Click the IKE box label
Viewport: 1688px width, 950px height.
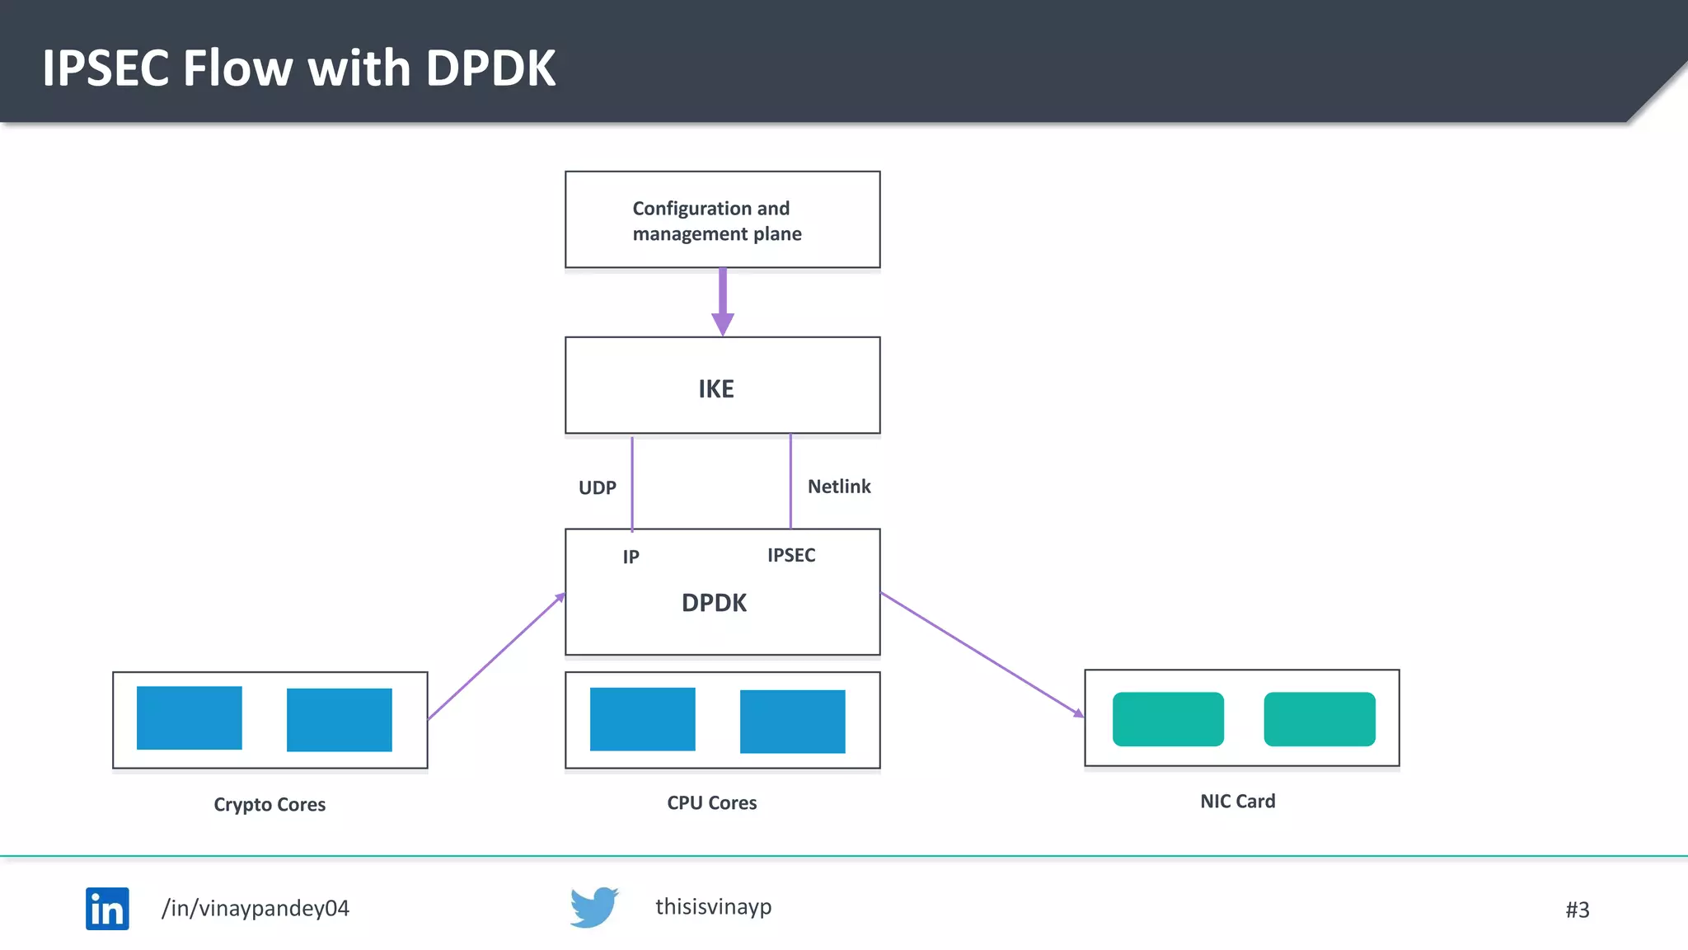point(715,388)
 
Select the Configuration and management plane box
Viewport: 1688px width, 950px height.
point(722,219)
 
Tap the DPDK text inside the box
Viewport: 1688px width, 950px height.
point(714,603)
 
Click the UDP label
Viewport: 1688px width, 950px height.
point(597,487)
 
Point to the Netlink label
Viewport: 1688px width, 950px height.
point(838,487)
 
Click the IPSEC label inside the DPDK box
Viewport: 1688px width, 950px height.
point(791,555)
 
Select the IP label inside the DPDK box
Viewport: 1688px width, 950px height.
point(631,557)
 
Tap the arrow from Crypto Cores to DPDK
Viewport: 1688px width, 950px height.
point(496,656)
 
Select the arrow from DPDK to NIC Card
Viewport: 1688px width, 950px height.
point(981,654)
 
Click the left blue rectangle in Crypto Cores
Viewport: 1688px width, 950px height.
point(190,717)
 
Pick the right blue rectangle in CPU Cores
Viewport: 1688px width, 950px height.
point(792,721)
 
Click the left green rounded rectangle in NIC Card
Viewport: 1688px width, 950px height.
point(1168,718)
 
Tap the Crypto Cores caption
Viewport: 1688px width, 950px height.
point(270,804)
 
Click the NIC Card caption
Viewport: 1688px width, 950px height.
point(1237,801)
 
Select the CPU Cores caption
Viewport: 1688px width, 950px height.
point(711,802)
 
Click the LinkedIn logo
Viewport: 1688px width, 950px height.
point(107,908)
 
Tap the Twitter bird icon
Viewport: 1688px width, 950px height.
point(593,907)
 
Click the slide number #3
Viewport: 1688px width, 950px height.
point(1577,910)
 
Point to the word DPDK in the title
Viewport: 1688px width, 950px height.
point(490,68)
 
